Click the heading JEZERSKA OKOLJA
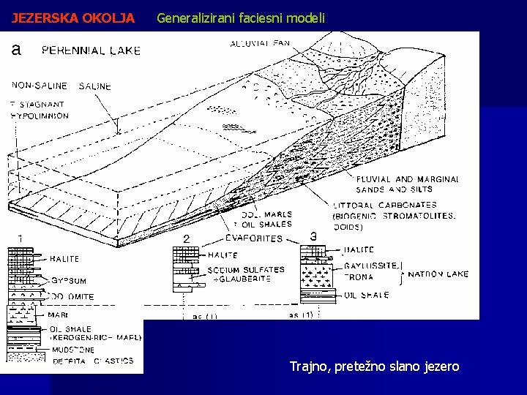(73, 18)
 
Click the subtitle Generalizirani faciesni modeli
(241, 18)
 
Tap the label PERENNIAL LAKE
(91, 50)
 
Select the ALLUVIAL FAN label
(260, 43)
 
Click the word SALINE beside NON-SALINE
(95, 86)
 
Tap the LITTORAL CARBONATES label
(384, 206)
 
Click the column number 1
(20, 238)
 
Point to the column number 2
(186, 239)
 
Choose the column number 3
(313, 236)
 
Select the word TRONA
(358, 277)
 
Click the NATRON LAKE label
(438, 274)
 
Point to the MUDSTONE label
(73, 350)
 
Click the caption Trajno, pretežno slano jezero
(374, 366)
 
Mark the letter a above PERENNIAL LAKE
(16, 50)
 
